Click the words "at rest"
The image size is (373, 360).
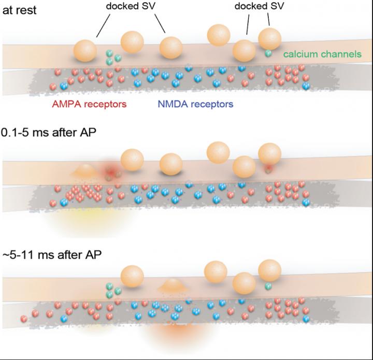20,10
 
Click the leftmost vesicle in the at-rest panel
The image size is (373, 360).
85,50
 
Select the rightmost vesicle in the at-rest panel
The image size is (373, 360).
269,39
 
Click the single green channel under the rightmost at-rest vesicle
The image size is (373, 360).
268,53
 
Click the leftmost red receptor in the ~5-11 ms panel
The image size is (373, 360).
24,317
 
